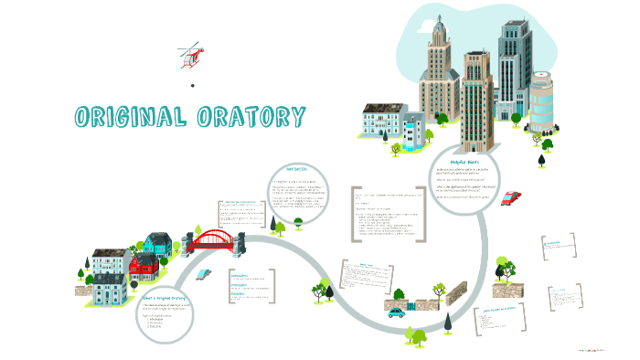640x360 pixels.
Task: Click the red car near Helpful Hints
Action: tap(512, 198)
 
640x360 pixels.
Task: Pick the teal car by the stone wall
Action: tap(396, 312)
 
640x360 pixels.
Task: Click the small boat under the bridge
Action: tap(208, 273)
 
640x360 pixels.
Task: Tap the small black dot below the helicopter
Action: tap(193, 86)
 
